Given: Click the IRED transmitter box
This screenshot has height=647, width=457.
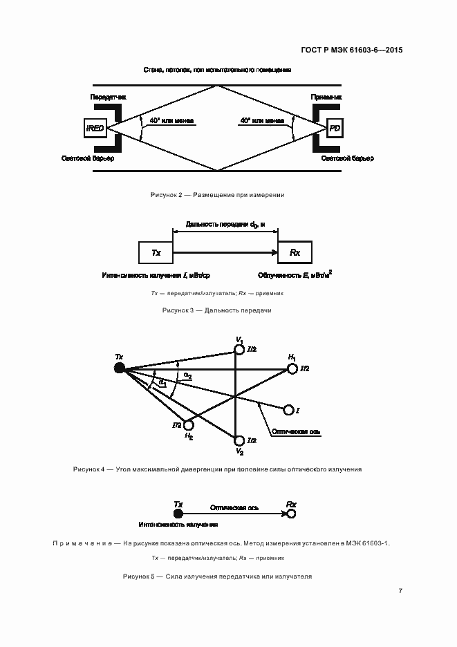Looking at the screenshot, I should click(94, 129).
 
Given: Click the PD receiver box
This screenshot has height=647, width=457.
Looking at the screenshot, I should click(335, 129).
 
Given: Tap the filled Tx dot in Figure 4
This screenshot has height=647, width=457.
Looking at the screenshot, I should click(119, 368).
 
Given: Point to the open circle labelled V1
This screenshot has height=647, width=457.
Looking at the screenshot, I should click(240, 350).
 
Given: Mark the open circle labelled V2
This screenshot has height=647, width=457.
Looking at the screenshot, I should click(240, 440).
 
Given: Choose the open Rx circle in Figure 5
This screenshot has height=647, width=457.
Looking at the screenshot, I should click(292, 515).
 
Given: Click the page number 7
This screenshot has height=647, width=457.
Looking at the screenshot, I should click(400, 591).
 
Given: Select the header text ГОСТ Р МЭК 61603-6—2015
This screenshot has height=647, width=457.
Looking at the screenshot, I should click(352, 50).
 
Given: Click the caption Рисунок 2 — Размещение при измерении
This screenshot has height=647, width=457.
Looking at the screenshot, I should click(218, 196).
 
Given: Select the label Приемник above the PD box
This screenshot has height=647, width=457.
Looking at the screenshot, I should click(324, 98).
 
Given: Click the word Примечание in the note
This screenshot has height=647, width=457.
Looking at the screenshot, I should click(81, 543).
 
